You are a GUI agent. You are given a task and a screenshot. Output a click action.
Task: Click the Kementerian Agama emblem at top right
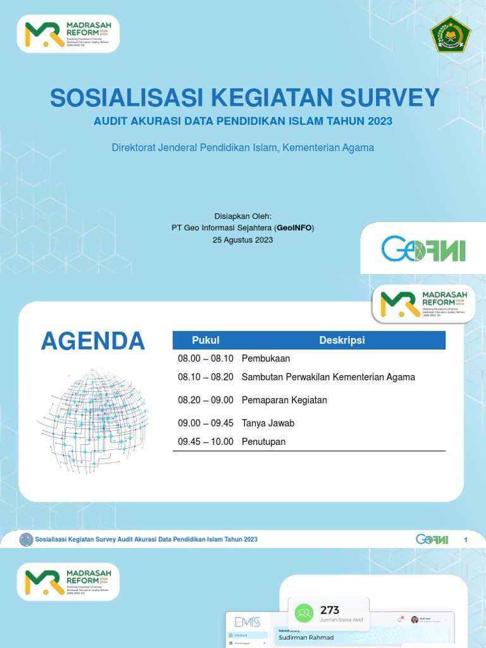click(x=451, y=34)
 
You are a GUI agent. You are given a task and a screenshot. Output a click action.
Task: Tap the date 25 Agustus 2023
click(x=243, y=240)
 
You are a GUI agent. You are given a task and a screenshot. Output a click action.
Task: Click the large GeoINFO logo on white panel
click(x=423, y=249)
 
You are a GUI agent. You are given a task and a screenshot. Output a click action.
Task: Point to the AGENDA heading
click(x=93, y=341)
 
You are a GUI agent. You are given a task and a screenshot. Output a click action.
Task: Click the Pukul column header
click(x=206, y=340)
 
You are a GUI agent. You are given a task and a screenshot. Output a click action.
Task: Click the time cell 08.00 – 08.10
click(x=206, y=359)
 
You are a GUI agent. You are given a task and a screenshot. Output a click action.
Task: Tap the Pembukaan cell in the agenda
click(x=266, y=359)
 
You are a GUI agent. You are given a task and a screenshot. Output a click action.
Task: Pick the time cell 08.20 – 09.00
click(x=206, y=400)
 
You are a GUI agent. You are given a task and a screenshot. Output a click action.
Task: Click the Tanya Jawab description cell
click(x=268, y=423)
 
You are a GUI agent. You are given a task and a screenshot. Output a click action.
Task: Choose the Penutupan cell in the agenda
click(x=263, y=442)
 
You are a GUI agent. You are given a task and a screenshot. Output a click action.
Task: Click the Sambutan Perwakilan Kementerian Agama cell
click(x=328, y=377)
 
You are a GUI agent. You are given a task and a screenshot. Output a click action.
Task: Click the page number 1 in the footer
click(x=466, y=539)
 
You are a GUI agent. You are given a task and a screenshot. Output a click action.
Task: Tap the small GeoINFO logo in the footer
click(x=432, y=539)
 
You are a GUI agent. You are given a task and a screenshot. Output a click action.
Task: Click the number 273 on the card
click(x=330, y=610)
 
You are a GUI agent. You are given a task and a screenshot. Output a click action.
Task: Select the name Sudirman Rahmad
click(x=306, y=637)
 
